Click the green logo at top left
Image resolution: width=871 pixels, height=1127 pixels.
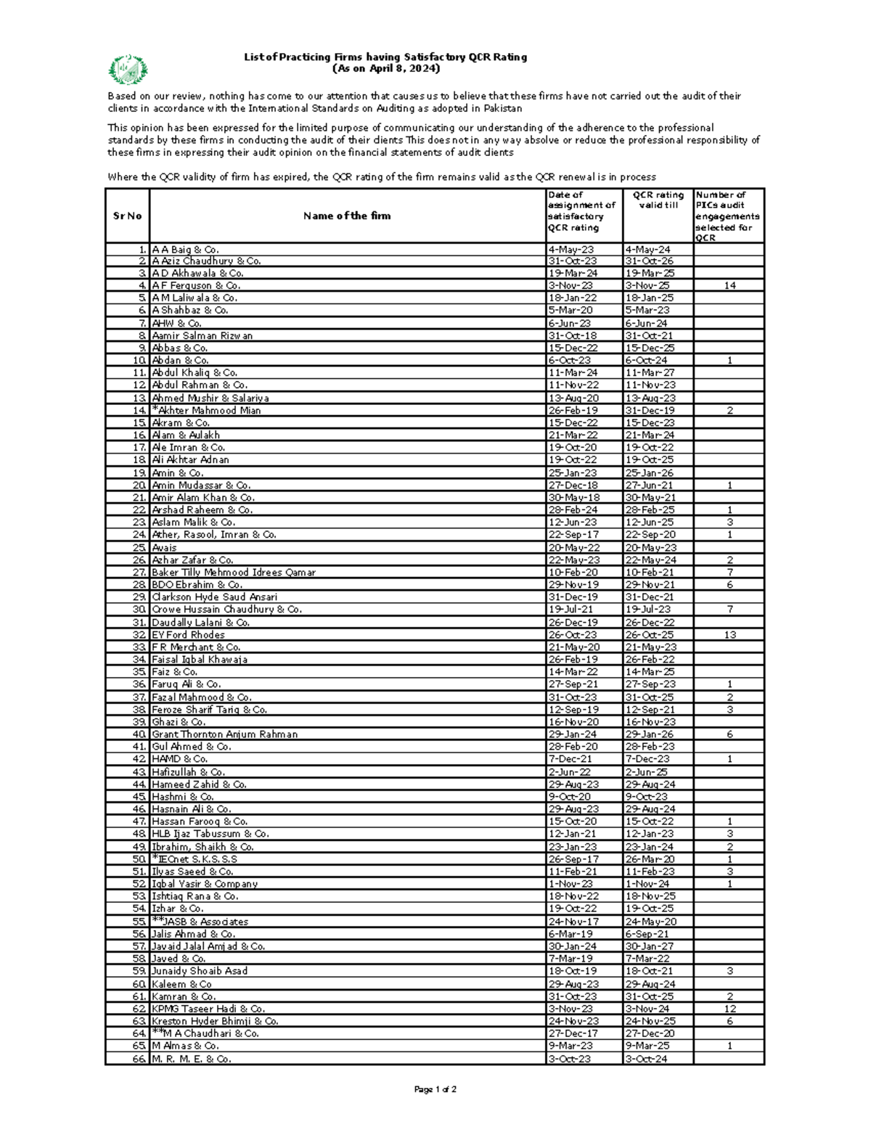pos(128,70)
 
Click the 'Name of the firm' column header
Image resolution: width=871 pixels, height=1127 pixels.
pos(347,216)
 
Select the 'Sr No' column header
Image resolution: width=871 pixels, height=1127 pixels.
pos(127,216)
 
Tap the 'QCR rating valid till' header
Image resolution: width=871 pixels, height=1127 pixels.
pos(658,200)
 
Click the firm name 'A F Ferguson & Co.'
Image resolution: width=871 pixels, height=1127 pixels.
pos(196,286)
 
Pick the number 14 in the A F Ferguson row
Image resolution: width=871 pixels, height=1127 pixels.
pos(729,286)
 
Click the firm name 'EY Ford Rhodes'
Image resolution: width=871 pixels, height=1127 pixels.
pos(188,635)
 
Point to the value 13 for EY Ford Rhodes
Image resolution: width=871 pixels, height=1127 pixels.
pos(729,635)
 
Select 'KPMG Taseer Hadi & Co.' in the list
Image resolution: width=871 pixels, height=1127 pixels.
pos(208,1009)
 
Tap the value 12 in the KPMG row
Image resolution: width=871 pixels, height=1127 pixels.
pos(729,1009)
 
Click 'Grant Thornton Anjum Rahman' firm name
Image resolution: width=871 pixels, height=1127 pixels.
pos(224,734)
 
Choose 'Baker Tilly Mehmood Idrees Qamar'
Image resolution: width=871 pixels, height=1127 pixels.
pos(234,573)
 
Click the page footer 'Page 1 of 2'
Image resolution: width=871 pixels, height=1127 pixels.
pos(435,1089)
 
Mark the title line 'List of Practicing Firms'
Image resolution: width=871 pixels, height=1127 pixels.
pos(385,57)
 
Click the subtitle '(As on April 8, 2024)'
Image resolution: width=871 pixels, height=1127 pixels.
pos(385,69)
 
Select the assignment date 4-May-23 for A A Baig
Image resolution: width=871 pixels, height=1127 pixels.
pos(571,250)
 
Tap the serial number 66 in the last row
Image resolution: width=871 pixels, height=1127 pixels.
pos(139,1059)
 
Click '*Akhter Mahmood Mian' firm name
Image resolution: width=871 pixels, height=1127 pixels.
pos(206,411)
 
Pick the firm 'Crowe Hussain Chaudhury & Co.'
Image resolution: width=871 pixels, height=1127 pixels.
pos(226,610)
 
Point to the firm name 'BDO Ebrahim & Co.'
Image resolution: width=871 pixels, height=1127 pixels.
pos(197,585)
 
